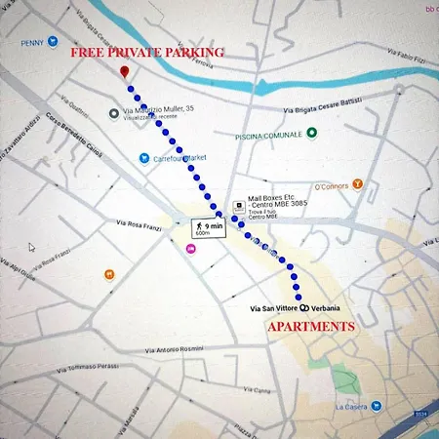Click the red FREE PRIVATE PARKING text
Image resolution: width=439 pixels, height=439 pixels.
(146, 52)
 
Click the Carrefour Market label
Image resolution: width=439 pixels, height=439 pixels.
(182, 157)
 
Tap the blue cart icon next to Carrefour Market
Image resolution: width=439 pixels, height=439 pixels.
(143, 157)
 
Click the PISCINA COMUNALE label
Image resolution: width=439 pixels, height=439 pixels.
(267, 136)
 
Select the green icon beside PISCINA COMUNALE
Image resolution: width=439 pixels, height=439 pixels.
(311, 133)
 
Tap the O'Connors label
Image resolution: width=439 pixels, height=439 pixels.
(332, 182)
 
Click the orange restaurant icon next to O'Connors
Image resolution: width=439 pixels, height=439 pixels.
(357, 182)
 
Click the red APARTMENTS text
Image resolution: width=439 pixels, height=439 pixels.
(311, 326)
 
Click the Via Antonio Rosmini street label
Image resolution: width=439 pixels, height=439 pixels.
(180, 349)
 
